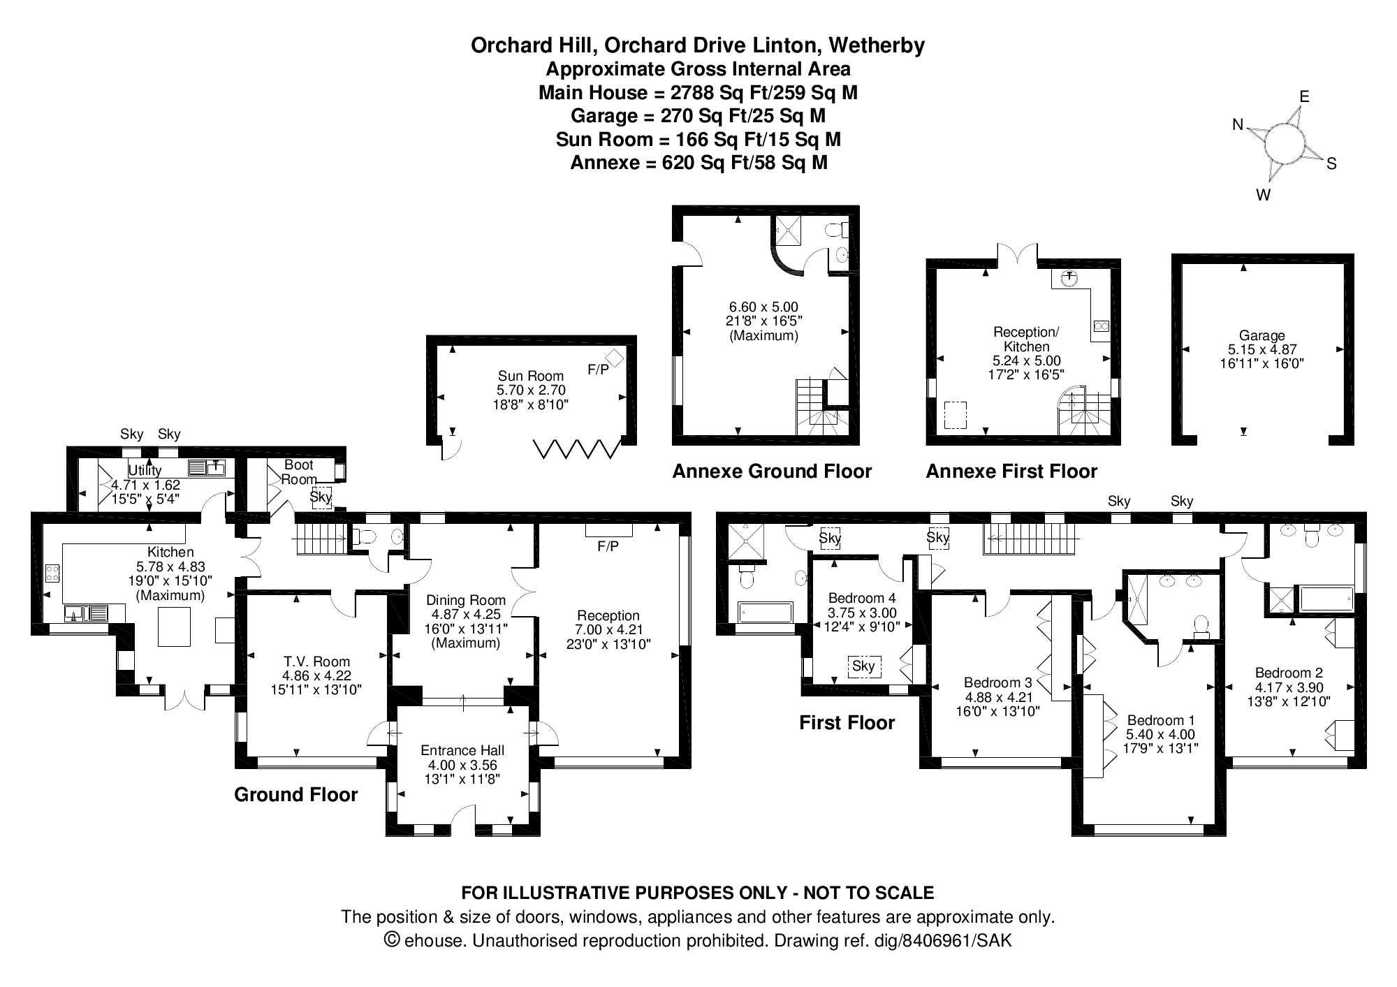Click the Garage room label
click(1261, 335)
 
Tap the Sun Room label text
click(531, 376)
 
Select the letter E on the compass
click(1303, 96)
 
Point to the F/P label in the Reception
click(608, 546)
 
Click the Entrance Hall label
click(462, 750)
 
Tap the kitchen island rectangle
click(174, 627)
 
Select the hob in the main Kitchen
click(52, 573)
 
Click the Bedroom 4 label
click(861, 598)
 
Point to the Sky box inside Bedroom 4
click(863, 666)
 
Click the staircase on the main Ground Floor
click(321, 539)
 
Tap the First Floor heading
click(847, 722)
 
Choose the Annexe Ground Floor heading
click(771, 471)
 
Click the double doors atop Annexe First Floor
click(1017, 255)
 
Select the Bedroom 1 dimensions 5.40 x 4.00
click(1160, 734)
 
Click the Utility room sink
click(206, 468)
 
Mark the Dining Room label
click(465, 600)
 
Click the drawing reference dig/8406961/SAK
click(943, 940)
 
